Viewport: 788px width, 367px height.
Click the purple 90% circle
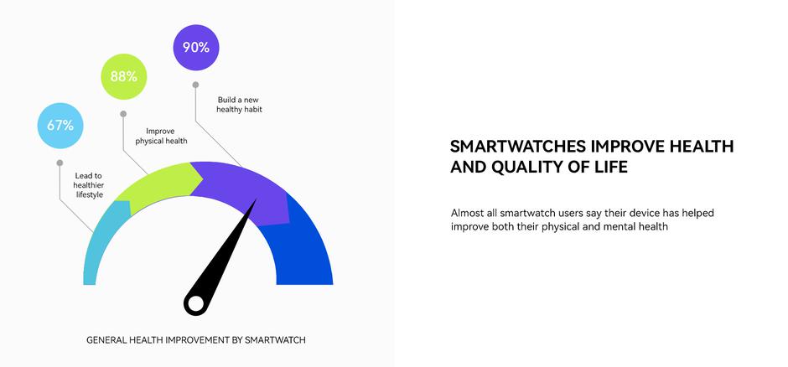tap(196, 48)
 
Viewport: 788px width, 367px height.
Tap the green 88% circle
tap(124, 76)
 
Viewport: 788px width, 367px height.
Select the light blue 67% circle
tap(60, 126)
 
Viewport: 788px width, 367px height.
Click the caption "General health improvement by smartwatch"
tap(196, 340)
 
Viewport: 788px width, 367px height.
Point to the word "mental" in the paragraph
tap(616, 226)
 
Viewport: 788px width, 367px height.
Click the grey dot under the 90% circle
tap(195, 85)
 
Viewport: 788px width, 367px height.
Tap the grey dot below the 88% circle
tap(123, 113)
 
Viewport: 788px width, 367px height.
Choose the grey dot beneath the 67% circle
tap(60, 163)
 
